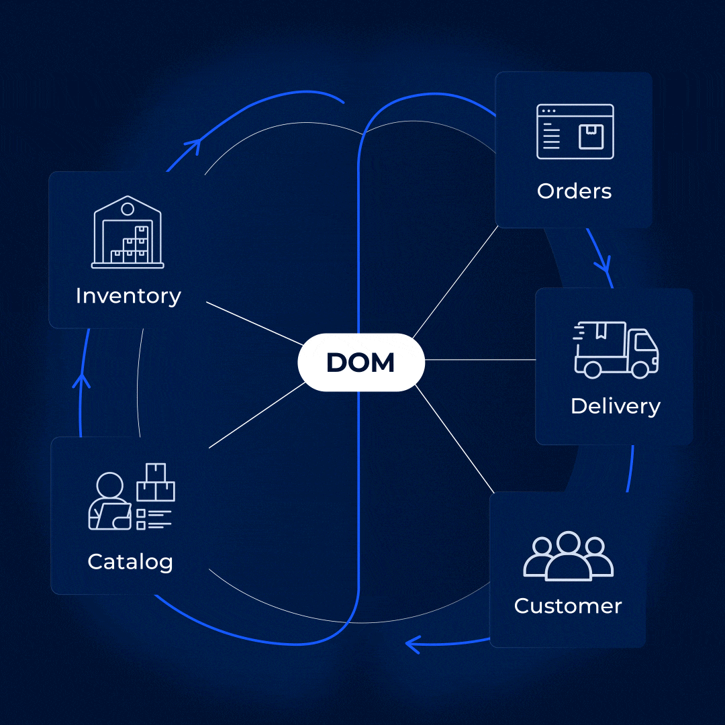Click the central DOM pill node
[x=361, y=362]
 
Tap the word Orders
[x=574, y=191]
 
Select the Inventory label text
[x=128, y=296]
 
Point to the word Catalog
[x=130, y=561]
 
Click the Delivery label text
[x=615, y=406]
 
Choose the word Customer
[x=568, y=606]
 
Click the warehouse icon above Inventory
[x=128, y=232]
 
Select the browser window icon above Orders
[x=575, y=132]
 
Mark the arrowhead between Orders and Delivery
[x=603, y=263]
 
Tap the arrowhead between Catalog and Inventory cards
[x=82, y=381]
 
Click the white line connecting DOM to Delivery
[x=480, y=360]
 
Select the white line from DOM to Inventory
[x=252, y=322]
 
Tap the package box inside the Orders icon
[x=591, y=137]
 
